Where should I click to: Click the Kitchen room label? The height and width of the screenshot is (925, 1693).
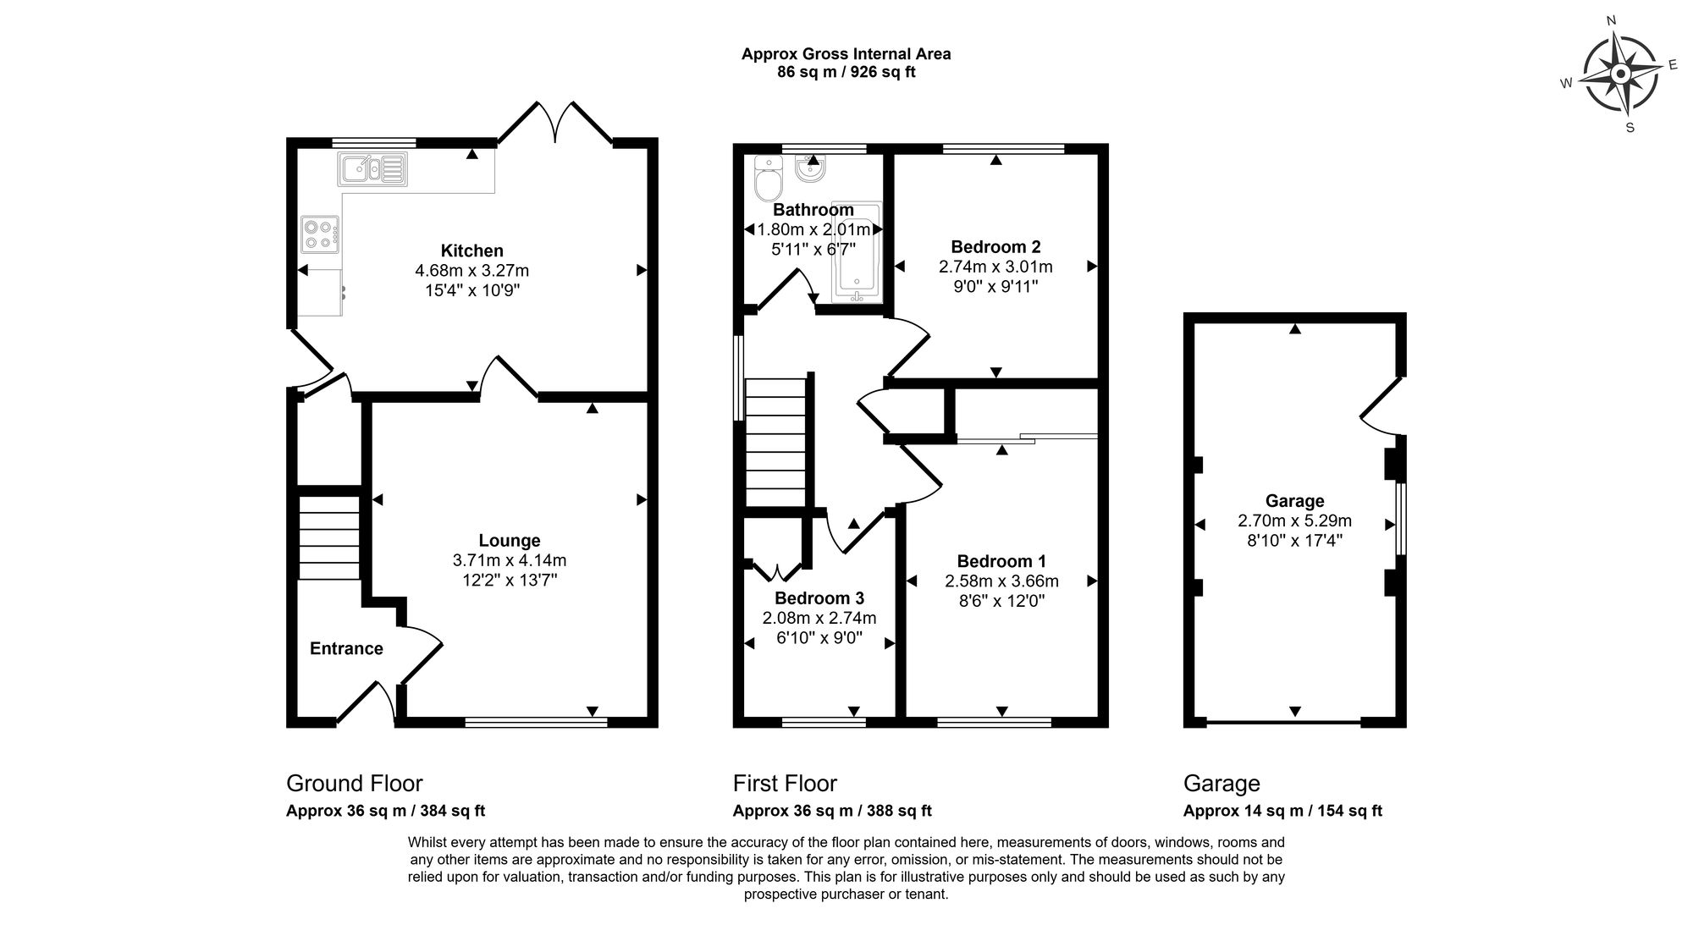tap(472, 251)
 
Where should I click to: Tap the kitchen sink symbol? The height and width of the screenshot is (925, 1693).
tap(372, 168)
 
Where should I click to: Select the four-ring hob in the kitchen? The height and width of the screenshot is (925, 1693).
tap(321, 234)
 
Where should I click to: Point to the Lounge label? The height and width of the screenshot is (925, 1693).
tap(510, 541)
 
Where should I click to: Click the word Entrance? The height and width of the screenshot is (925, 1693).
tap(346, 648)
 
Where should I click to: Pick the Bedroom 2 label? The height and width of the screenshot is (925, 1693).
tap(995, 247)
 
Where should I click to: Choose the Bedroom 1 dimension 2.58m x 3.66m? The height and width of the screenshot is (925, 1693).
tap(1001, 581)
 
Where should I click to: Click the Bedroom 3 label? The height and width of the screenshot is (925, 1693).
tap(819, 598)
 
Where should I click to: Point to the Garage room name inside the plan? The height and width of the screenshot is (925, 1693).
tap(1294, 501)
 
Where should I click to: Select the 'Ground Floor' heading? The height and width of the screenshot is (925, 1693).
tap(354, 784)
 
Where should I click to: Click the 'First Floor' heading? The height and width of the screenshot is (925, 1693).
tap(785, 784)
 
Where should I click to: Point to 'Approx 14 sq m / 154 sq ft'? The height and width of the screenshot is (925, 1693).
tap(1282, 811)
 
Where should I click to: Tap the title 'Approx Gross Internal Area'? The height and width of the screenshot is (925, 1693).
tap(846, 54)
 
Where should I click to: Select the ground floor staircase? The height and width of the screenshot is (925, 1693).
tap(328, 537)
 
